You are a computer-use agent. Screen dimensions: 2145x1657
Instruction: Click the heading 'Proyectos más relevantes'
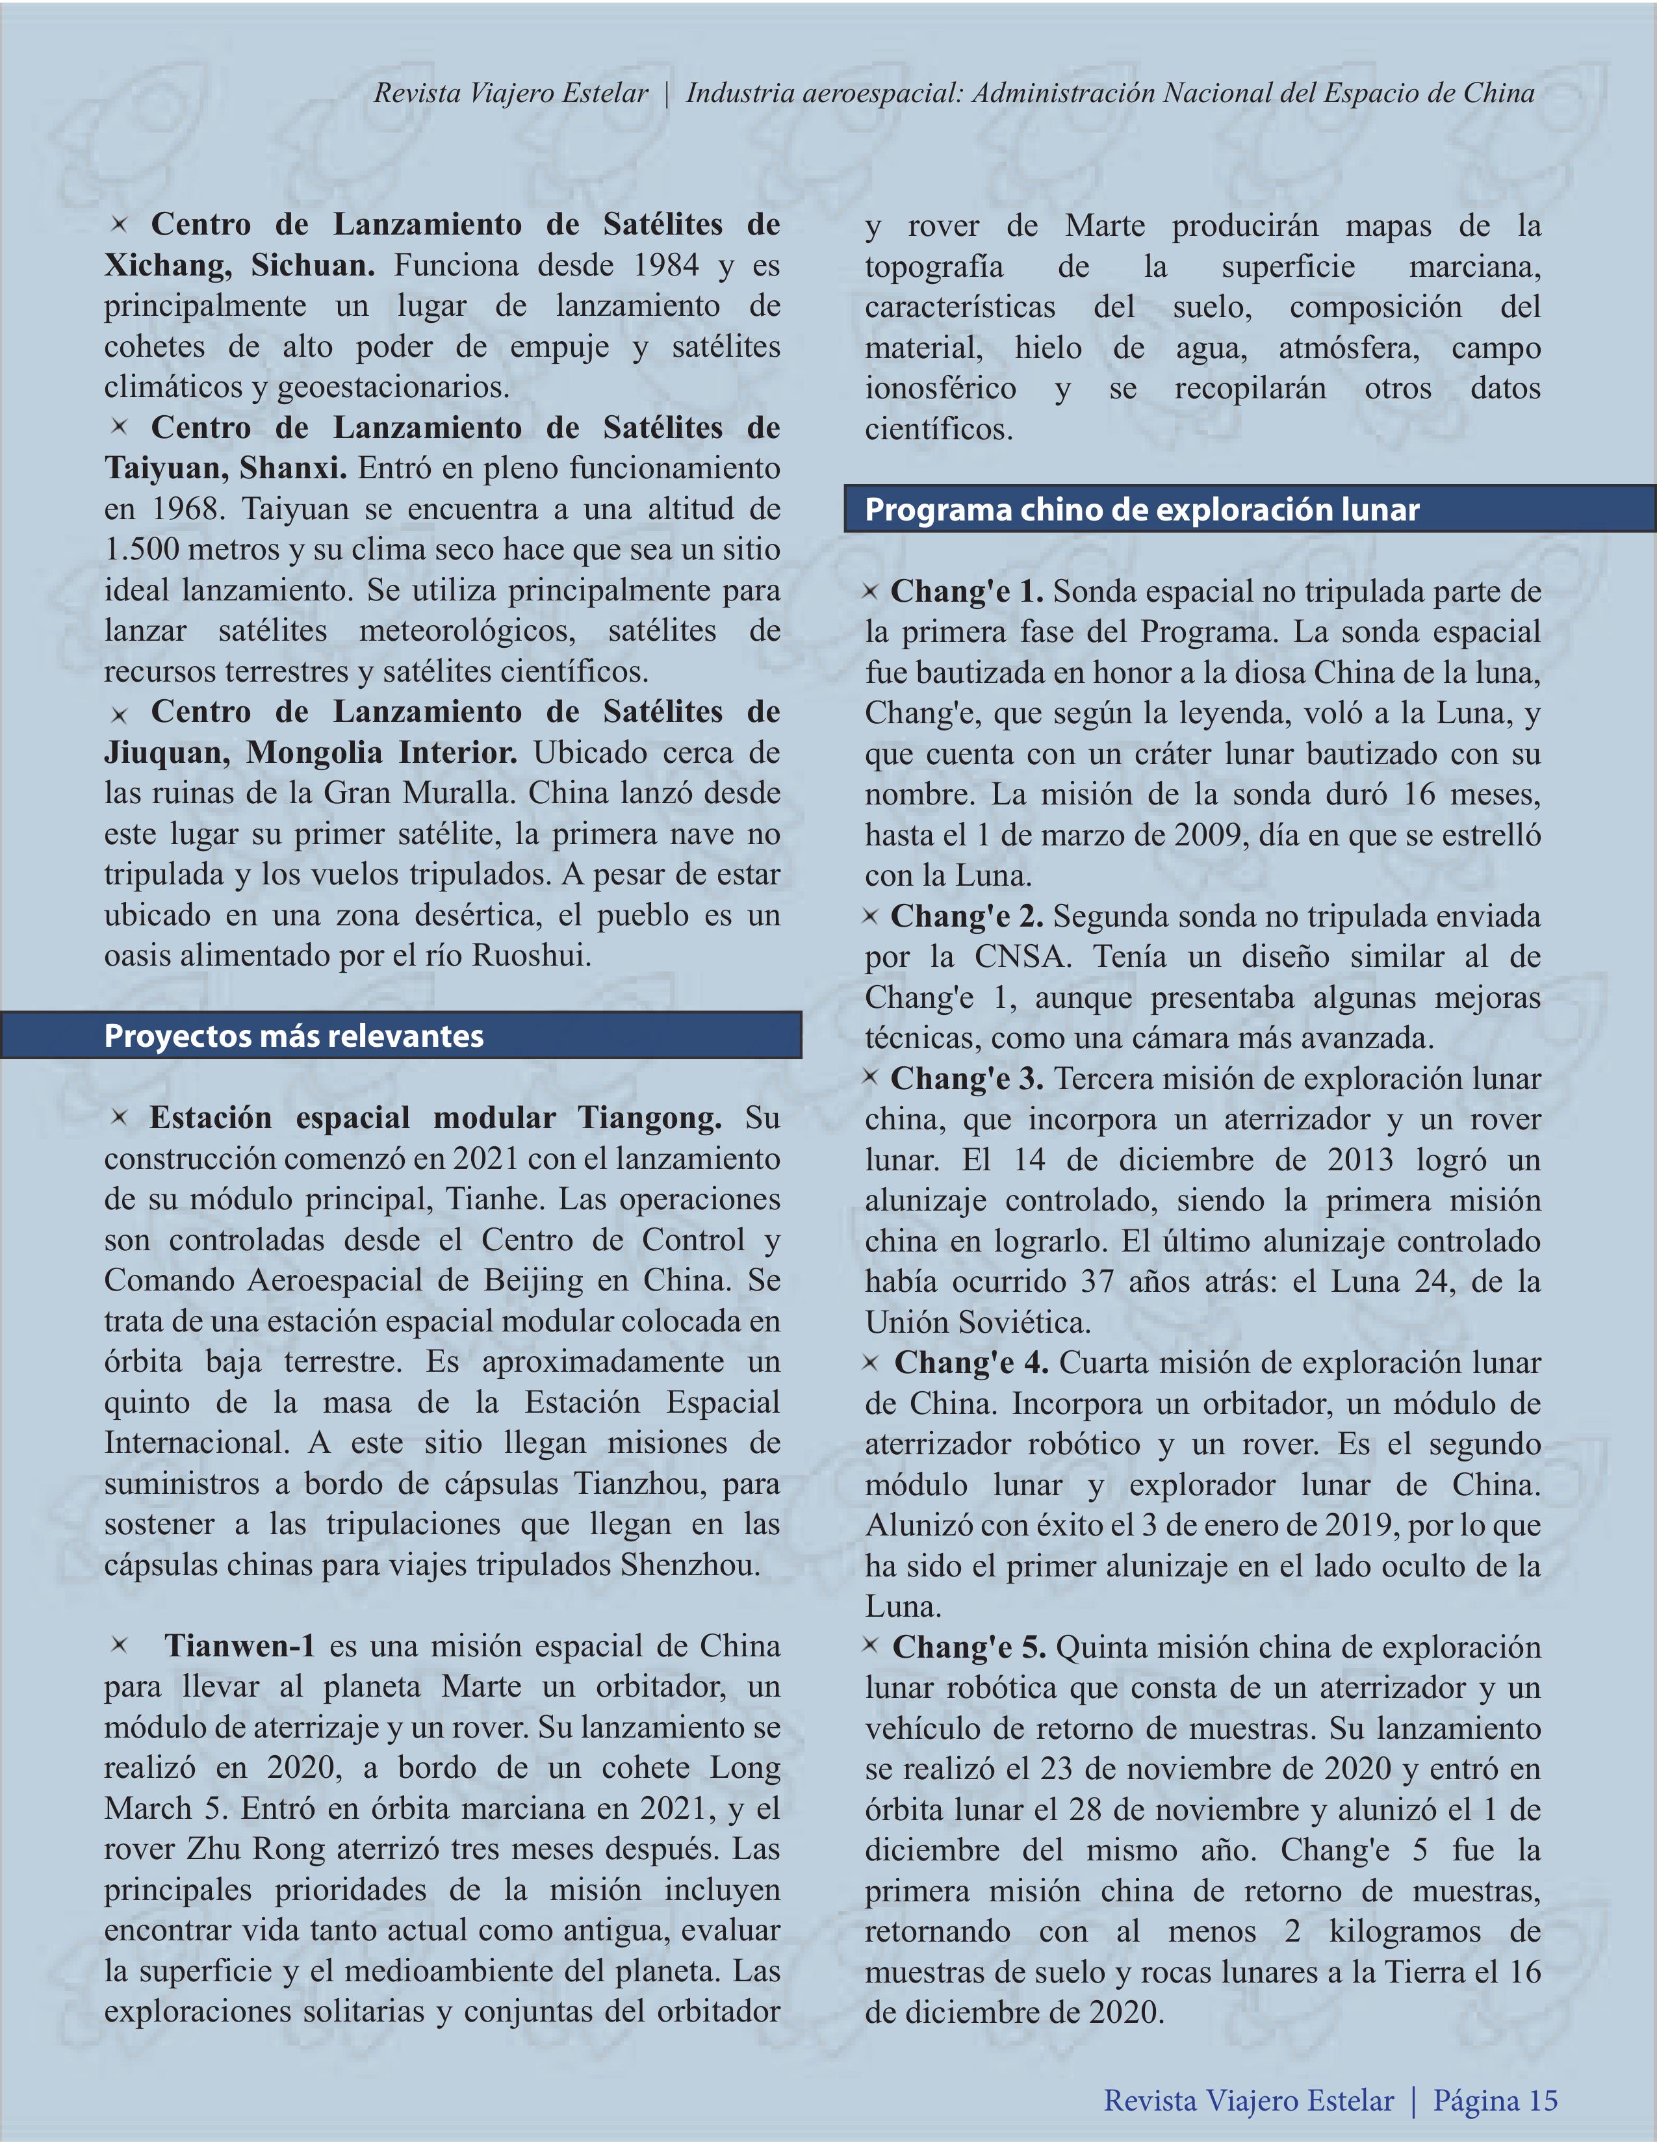[294, 1036]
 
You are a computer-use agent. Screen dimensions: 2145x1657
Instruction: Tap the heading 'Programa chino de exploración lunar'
[1141, 509]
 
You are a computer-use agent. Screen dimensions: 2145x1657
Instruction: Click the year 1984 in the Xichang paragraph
[666, 265]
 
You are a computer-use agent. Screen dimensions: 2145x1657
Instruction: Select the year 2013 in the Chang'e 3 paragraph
[1361, 1160]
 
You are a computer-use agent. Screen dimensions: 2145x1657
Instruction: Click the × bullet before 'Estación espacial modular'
[119, 1117]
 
